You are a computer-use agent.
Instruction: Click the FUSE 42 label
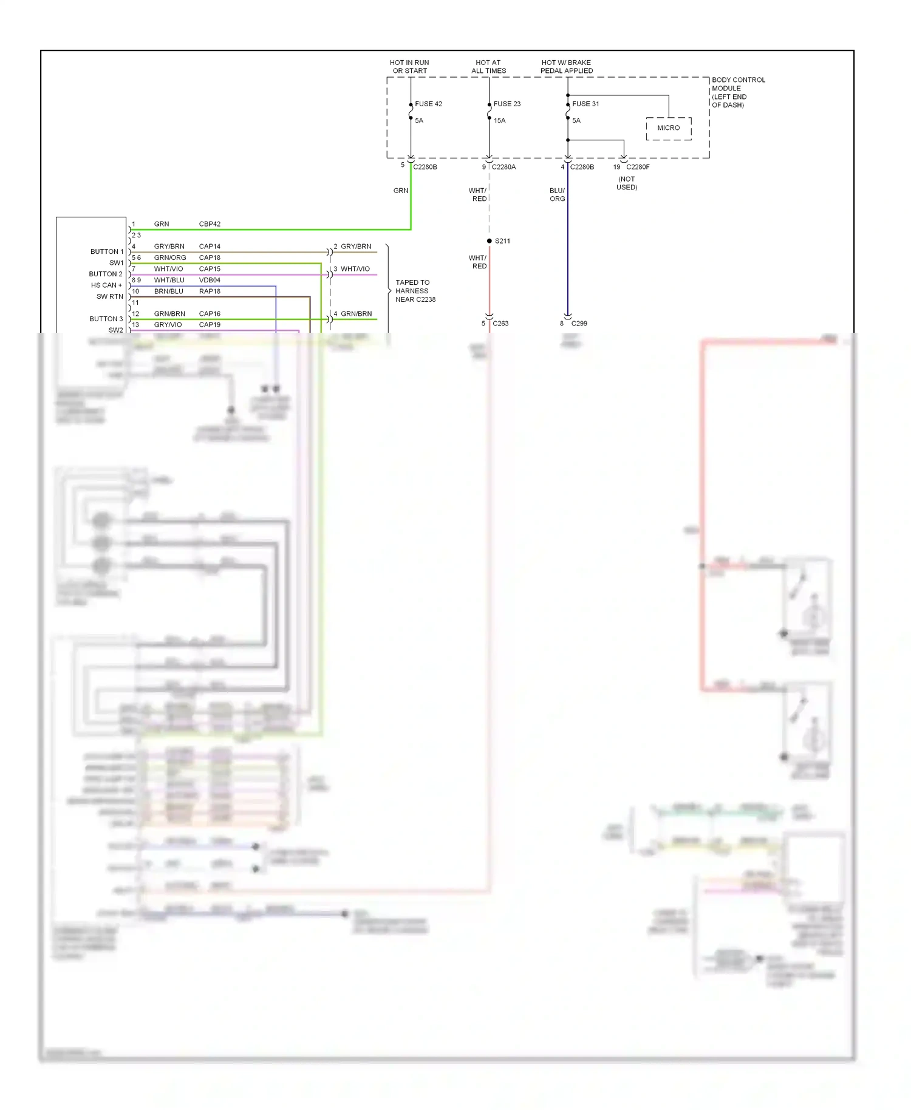tap(428, 104)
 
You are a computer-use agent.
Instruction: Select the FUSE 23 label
tap(507, 104)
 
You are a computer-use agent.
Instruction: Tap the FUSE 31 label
tap(585, 104)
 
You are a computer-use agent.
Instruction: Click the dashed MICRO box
tap(668, 128)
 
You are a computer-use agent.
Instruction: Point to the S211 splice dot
tap(490, 241)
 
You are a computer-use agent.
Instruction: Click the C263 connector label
tap(500, 324)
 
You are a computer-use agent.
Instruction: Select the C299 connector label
tap(579, 324)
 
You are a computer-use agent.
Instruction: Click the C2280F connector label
tap(638, 167)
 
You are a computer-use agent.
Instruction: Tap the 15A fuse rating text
tap(499, 121)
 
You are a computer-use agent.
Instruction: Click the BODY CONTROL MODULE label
tap(737, 92)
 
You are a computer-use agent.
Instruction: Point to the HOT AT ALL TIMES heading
tap(488, 67)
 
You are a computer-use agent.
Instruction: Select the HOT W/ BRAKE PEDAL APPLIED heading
tap(566, 67)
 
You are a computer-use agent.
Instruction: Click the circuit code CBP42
tap(210, 224)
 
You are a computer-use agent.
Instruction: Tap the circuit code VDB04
tap(210, 281)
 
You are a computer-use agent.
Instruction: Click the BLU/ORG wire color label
tap(557, 195)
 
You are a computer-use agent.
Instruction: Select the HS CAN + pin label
tap(106, 285)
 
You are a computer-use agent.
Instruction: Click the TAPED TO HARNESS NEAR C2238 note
tap(415, 291)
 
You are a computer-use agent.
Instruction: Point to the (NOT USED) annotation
tap(627, 183)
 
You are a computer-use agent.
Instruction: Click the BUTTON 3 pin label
tap(106, 319)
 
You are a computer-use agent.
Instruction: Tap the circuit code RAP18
tap(210, 291)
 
